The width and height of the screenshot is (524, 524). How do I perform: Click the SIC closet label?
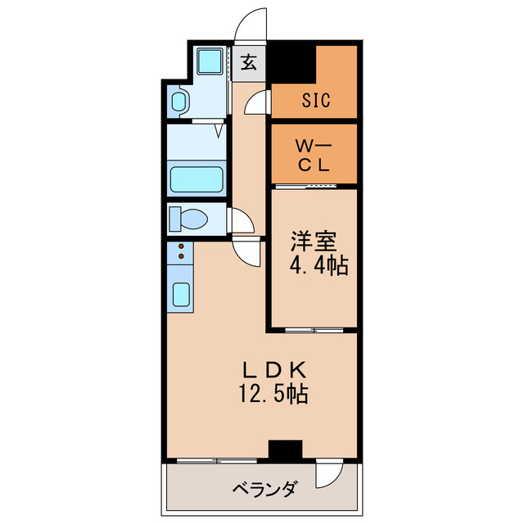314,101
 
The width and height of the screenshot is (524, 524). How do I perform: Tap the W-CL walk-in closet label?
313,156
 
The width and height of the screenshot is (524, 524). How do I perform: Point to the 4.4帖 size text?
318,265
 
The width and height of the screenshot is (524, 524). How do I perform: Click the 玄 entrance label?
249,62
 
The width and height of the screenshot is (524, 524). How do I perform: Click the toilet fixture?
188,219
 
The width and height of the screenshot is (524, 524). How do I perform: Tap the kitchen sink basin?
182,294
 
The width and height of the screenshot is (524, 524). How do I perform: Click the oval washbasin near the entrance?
179,102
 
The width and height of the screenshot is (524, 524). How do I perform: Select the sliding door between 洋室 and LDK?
311,330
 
